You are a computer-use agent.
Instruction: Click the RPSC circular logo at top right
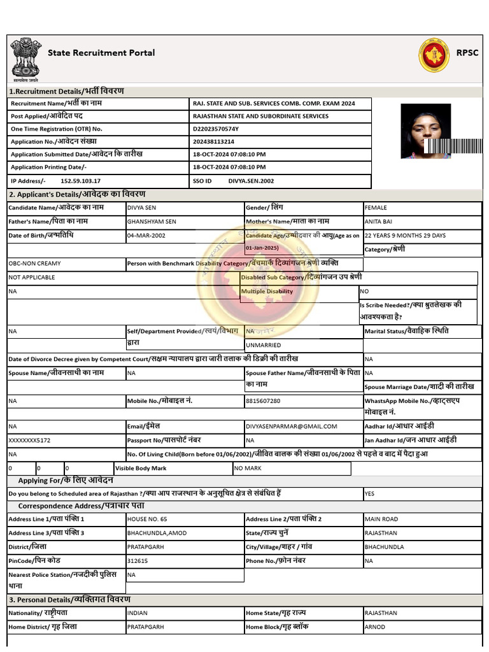[434, 55]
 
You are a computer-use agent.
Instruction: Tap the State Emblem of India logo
[25, 59]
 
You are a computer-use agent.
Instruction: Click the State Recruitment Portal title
[101, 53]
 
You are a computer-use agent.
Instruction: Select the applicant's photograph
[426, 131]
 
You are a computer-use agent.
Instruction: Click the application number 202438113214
[213, 141]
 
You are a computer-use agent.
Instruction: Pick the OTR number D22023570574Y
[216, 129]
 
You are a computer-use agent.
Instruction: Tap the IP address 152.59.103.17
[80, 181]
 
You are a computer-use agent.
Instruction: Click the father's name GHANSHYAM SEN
[152, 222]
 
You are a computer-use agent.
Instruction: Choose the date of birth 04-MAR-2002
[146, 236]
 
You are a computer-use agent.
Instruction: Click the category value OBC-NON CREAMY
[34, 263]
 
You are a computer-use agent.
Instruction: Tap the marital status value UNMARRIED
[263, 345]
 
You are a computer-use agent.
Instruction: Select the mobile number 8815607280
[263, 401]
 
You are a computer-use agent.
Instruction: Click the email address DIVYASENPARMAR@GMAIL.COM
[291, 427]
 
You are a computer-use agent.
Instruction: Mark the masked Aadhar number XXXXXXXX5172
[29, 440]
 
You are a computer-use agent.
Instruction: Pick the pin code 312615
[138, 561]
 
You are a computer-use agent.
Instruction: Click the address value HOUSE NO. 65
[147, 519]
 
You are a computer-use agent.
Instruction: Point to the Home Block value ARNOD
[374, 627]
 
